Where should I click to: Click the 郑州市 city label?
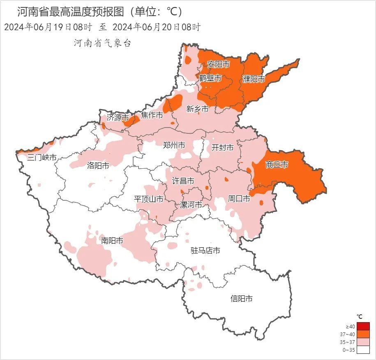(174, 145)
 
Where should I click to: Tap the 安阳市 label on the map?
(218, 64)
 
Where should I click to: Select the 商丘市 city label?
(277, 165)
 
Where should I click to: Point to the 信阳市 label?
(241, 299)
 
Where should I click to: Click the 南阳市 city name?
(112, 241)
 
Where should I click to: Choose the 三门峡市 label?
(42, 157)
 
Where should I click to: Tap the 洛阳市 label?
(98, 166)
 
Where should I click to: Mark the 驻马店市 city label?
(205, 251)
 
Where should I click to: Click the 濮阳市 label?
(254, 79)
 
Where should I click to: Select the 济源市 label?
(118, 117)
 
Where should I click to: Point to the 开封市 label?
(222, 147)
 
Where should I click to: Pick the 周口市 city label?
(239, 199)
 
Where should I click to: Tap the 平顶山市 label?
(149, 199)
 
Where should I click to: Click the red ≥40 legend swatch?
(363, 327)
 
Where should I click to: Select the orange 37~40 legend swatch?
(363, 334)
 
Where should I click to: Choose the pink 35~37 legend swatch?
(363, 342)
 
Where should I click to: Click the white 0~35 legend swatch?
(363, 350)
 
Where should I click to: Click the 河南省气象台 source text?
(102, 43)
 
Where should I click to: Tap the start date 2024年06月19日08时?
(48, 28)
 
